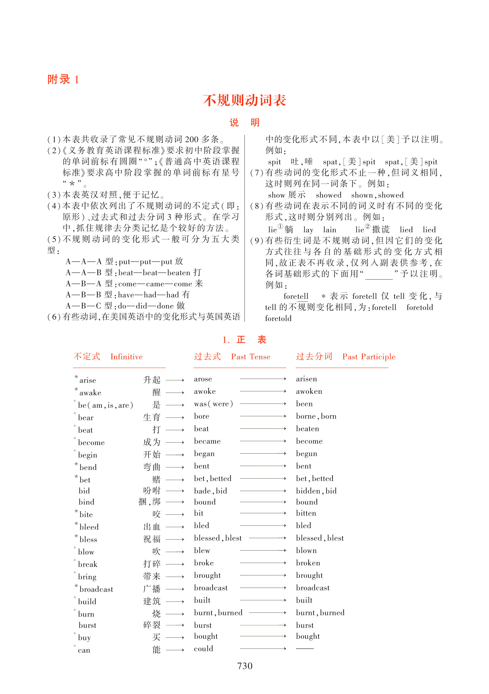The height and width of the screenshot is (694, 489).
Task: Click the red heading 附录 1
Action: (63, 79)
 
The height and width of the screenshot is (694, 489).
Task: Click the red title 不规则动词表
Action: (244, 100)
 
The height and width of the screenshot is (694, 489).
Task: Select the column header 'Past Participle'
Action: (368, 357)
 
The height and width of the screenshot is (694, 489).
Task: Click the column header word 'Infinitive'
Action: (126, 357)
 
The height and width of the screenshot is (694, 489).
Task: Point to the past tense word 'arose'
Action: (203, 379)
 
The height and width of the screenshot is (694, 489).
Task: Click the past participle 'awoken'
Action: (309, 391)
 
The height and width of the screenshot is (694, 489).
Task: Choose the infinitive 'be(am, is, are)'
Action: (105, 405)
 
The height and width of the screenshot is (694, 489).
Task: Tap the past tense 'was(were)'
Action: (213, 404)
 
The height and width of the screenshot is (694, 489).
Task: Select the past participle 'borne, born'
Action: (316, 416)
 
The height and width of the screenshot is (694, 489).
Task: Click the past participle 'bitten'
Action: (306, 513)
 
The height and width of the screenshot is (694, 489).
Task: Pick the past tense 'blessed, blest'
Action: (218, 538)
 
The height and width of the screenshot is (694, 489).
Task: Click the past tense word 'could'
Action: (203, 649)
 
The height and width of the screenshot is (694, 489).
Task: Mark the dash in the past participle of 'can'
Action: (304, 649)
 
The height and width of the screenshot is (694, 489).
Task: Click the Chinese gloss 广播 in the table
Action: (151, 589)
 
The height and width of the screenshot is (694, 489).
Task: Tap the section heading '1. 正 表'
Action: (244, 340)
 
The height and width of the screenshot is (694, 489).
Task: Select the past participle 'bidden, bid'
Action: (316, 491)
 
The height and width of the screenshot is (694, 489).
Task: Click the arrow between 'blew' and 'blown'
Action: (263, 550)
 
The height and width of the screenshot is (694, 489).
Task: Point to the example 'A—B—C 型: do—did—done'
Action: (125, 306)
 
